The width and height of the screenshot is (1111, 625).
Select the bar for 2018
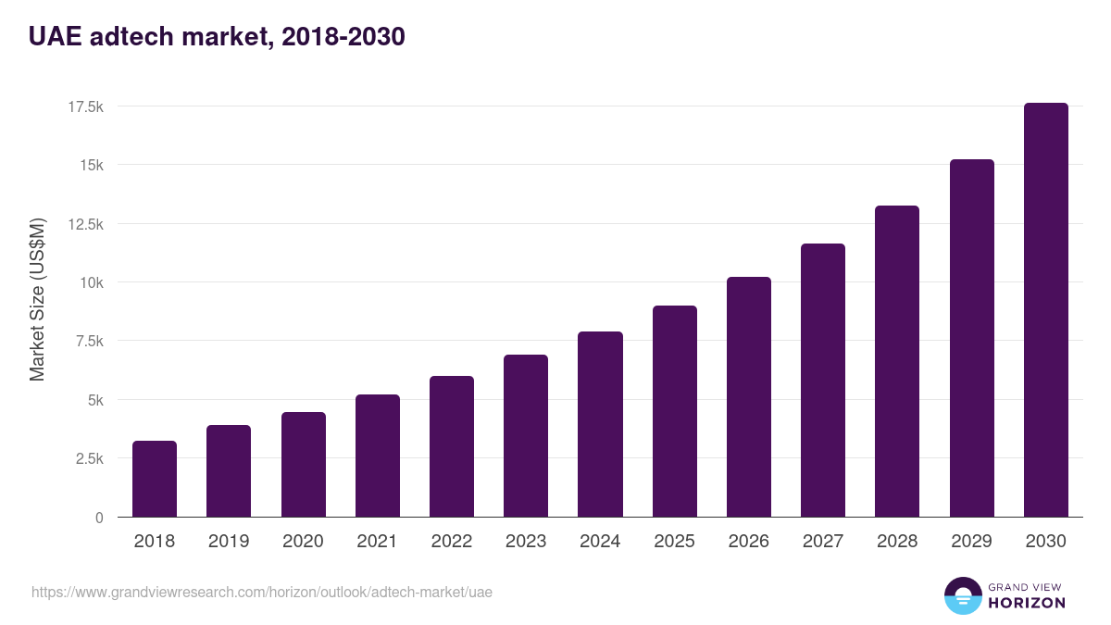pyautogui.click(x=155, y=479)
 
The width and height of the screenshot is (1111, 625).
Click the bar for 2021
pyautogui.click(x=378, y=456)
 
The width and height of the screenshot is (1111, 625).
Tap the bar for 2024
pyautogui.click(x=600, y=424)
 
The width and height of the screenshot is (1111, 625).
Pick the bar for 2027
pyautogui.click(x=823, y=380)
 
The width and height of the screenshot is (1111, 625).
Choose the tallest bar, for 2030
pyautogui.click(x=1046, y=310)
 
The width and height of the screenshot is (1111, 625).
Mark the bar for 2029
pyautogui.click(x=971, y=338)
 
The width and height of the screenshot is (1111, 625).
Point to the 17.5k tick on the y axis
pyautogui.click(x=85, y=106)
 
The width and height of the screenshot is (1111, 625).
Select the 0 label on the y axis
pyautogui.click(x=98, y=518)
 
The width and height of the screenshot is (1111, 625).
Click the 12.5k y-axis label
pyautogui.click(x=85, y=224)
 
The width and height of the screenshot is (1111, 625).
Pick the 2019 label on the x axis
pyautogui.click(x=229, y=542)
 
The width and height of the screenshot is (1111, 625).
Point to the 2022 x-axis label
pyautogui.click(x=452, y=542)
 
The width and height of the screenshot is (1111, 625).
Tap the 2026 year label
pyautogui.click(x=748, y=542)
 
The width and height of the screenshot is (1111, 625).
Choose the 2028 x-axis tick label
pyautogui.click(x=897, y=542)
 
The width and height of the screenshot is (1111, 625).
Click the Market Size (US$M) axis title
pyautogui.click(x=37, y=300)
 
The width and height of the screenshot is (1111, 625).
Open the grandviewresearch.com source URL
pyautogui.click(x=262, y=592)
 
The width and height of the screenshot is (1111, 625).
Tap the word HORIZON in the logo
pyautogui.click(x=1027, y=603)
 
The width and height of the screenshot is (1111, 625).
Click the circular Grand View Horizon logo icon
pyautogui.click(x=963, y=596)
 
